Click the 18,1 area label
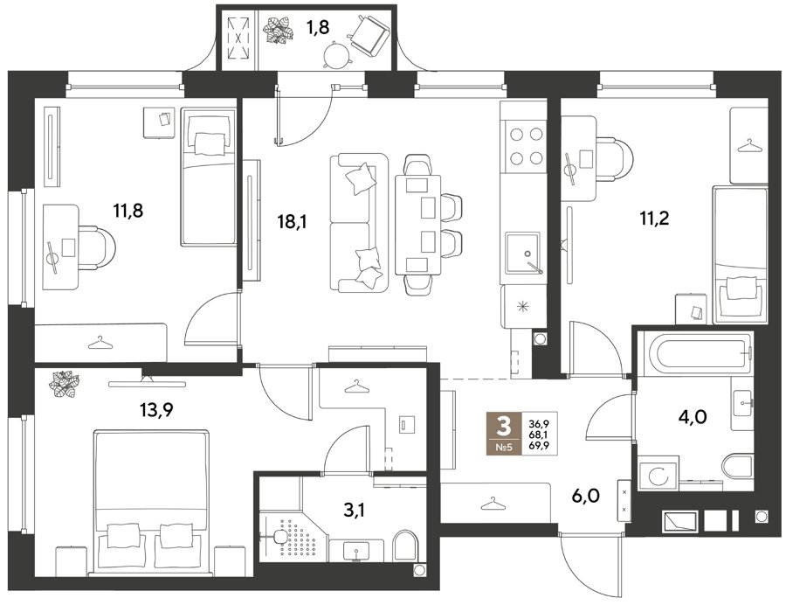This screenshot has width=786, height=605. pyautogui.click(x=293, y=220)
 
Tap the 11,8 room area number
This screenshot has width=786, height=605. pyautogui.click(x=128, y=211)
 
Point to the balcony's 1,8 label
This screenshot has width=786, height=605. pyautogui.click(x=318, y=28)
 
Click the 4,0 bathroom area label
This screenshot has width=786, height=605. pyautogui.click(x=693, y=416)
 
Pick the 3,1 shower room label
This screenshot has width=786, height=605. pyautogui.click(x=354, y=511)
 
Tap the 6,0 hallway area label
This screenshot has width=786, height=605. pyautogui.click(x=585, y=496)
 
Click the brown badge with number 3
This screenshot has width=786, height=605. pyautogui.click(x=503, y=434)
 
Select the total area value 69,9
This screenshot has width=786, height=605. pyautogui.click(x=539, y=446)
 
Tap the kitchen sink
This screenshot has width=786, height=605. pyautogui.click(x=523, y=253)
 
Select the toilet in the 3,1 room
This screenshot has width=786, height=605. pyautogui.click(x=405, y=545)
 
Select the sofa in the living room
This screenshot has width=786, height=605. pyautogui.click(x=360, y=223)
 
